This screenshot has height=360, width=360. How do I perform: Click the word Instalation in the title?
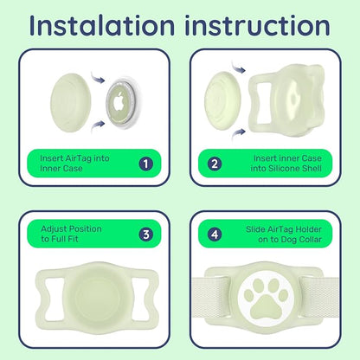tap(102, 25)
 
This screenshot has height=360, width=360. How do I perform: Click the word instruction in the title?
tap(257, 25)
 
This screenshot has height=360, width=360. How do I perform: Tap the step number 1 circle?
tap(146, 164)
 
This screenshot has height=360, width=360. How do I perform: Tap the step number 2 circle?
tap(215, 164)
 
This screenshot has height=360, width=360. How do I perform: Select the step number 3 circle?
tap(146, 235)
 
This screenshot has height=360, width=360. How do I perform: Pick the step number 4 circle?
tap(215, 235)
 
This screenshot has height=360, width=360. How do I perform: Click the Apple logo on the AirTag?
tap(119, 102)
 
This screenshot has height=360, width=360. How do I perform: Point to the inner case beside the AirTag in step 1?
tap(71, 103)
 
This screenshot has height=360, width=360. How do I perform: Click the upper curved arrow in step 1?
tap(98, 78)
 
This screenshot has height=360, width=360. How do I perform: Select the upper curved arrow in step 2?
tap(238, 68)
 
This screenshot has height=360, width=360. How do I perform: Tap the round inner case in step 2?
tap(225, 101)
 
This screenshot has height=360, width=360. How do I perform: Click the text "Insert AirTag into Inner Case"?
tap(74, 164)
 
